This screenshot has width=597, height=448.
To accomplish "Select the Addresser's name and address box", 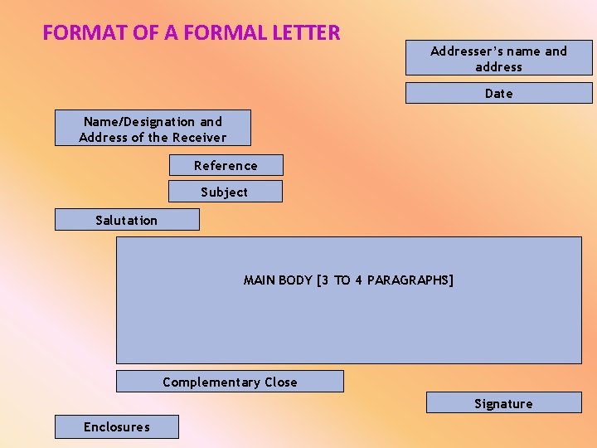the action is point(498,58).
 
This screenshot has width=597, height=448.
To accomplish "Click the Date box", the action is point(498,93).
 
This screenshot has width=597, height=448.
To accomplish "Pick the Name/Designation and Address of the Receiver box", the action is point(153,129).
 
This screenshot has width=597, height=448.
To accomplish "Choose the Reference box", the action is point(226,165).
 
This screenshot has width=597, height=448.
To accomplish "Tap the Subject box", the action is point(225,192).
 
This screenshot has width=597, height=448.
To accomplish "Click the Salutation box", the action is point(127,220).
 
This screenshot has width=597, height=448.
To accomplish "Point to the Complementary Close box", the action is point(230,382).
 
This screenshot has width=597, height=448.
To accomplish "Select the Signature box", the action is point(503,403).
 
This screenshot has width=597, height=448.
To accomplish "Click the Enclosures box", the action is point(116,426).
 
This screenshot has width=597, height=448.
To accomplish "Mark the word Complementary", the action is point(211,382).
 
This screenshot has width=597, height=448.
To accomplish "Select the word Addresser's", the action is point(465,51).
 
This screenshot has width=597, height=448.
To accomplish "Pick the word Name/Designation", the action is point(139,122).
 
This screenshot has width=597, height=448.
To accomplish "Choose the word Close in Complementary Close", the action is point(280,382).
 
